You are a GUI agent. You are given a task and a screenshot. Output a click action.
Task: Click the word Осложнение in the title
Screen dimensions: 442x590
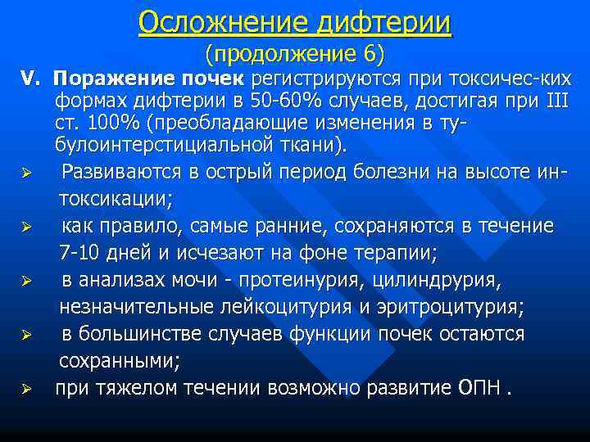coord(210,21)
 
